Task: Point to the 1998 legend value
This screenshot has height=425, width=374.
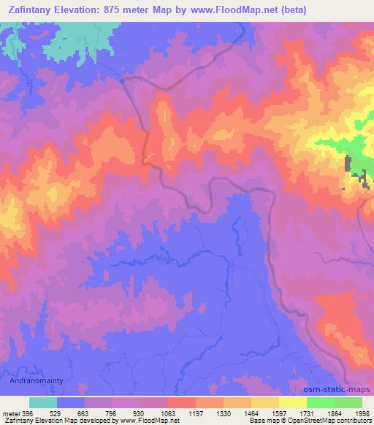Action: click(x=362, y=413)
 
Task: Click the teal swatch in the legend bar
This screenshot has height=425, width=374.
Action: click(x=43, y=402)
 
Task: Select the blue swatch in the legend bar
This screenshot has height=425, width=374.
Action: click(x=71, y=402)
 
